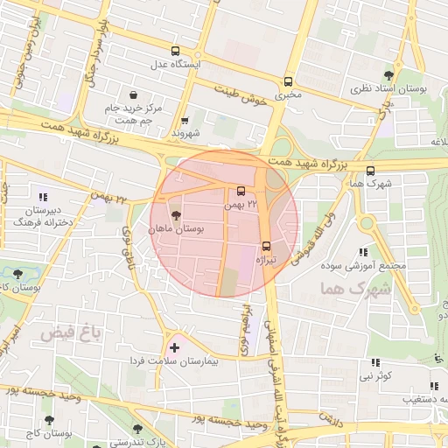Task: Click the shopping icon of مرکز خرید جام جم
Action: [x=131, y=94]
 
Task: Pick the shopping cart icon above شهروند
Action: [x=184, y=122]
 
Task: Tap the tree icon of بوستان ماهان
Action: [x=176, y=214]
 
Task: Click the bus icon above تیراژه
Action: [x=267, y=246]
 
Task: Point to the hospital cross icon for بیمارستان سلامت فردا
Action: [x=172, y=347]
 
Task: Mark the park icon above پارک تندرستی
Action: [x=136, y=428]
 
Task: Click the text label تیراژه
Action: [x=265, y=260]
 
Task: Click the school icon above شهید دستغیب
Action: [x=433, y=385]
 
